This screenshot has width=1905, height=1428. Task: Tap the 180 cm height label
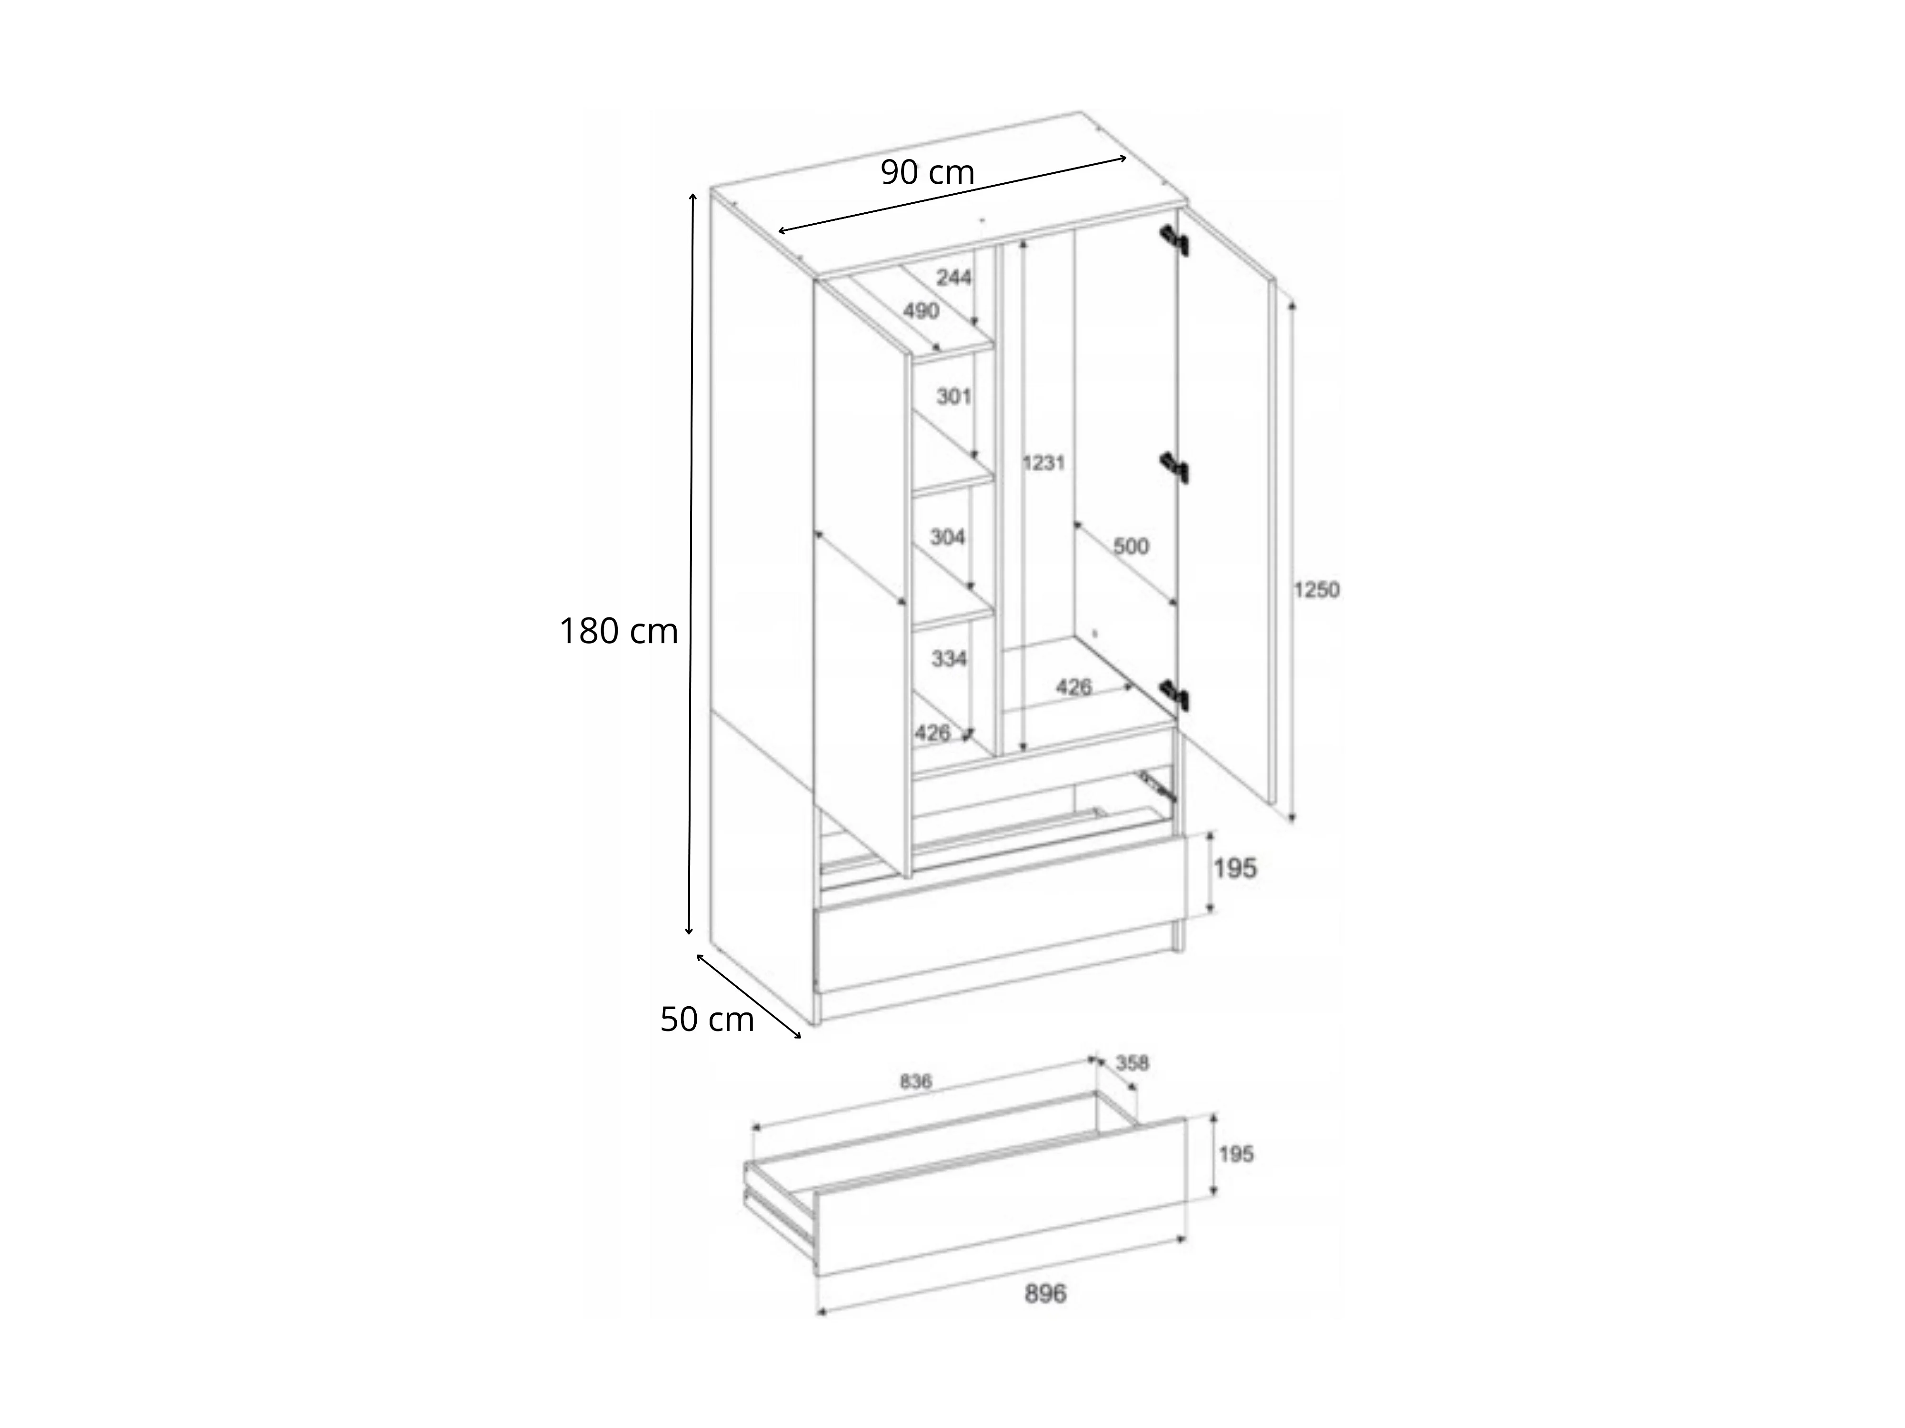pos(618,632)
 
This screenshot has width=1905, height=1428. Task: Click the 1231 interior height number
pos(1044,463)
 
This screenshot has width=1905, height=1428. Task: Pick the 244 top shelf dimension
pos(953,277)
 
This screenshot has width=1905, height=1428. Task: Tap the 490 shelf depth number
pos(921,311)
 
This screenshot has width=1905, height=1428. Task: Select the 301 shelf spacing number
pos(953,397)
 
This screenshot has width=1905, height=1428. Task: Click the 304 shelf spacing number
pos(947,537)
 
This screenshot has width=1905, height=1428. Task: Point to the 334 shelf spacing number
pos(949,658)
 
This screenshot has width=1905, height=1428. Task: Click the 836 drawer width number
pos(915,1082)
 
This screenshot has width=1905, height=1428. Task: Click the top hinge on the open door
pos(1174,240)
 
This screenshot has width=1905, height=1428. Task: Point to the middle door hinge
pos(1174,467)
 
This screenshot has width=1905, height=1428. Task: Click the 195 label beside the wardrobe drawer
pos(1235,869)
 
